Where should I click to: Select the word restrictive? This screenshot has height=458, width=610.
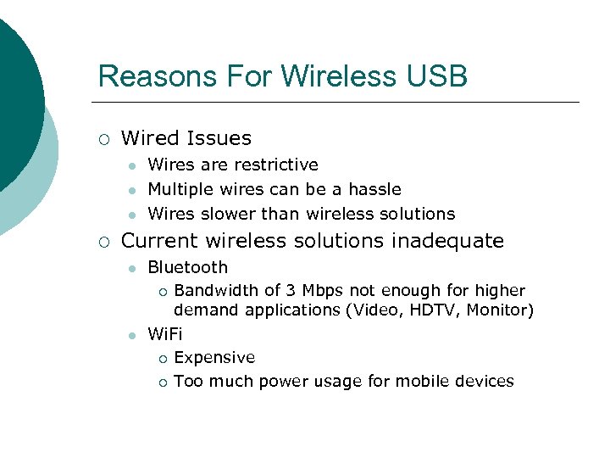coord(276,165)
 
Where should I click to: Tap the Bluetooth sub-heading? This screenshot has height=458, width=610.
coord(187,268)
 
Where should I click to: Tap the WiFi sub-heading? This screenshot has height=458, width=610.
coord(164,333)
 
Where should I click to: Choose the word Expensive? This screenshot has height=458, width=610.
coord(213,358)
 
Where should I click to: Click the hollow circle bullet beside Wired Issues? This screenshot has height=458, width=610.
coord(103,139)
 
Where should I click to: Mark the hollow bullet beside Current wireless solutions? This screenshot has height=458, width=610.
coord(103,242)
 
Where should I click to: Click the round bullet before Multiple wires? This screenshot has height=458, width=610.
coord(132,190)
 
